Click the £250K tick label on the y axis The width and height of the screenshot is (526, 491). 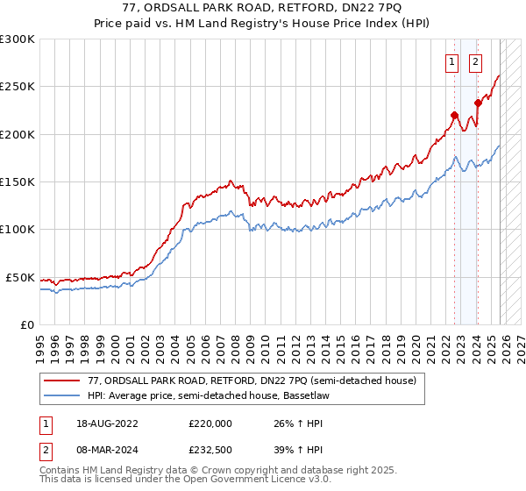pos(18,87)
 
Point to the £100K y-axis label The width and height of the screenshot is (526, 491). pos(18,230)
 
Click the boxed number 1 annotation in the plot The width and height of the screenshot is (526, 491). pos(451,61)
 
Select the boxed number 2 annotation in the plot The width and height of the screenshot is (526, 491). pos(475,61)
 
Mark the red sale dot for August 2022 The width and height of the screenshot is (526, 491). pos(454,115)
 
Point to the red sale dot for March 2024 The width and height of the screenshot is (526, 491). pos(478,103)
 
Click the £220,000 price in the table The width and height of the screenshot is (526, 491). pos(210,423)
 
